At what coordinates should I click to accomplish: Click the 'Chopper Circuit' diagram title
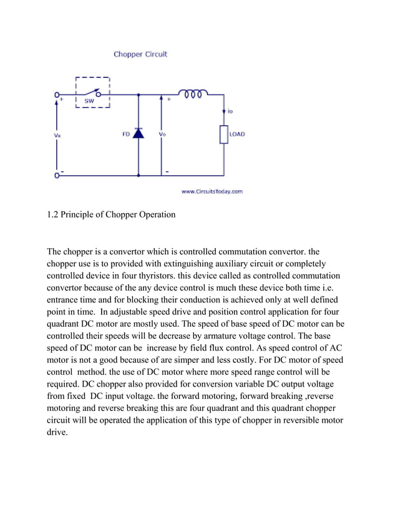140,54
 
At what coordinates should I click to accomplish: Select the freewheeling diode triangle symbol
138,133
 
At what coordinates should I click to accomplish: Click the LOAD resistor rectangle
223,134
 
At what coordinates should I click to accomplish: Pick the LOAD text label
237,134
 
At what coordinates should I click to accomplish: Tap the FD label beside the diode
125,134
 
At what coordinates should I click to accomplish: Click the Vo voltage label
162,134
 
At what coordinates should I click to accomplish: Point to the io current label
230,112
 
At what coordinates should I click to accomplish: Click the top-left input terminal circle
57,95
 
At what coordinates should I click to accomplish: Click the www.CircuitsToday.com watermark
211,191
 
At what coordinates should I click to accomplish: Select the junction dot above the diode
138,95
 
